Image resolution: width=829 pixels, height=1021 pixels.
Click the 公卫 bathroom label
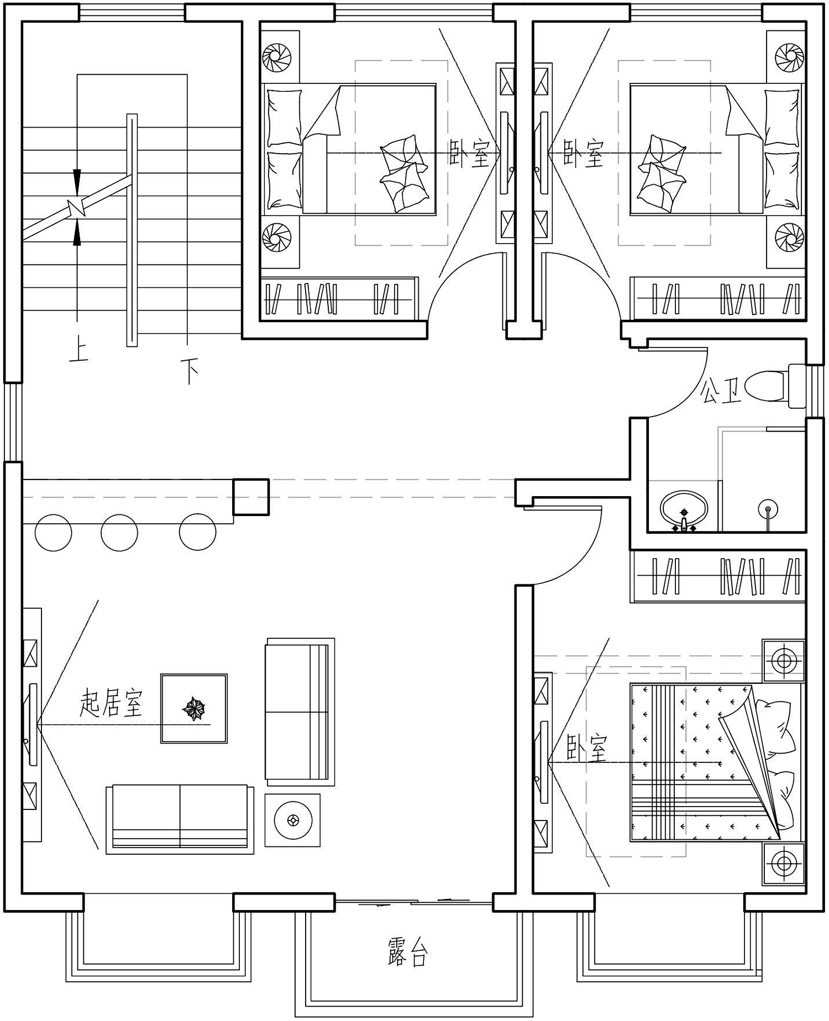[x=721, y=391]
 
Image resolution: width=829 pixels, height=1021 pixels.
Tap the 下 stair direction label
[x=190, y=371]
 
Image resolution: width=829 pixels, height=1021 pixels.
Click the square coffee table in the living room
[x=194, y=708]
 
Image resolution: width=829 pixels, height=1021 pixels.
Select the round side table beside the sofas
[x=292, y=820]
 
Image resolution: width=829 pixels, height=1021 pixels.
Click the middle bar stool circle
[x=119, y=533]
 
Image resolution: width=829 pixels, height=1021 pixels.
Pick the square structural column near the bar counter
[x=251, y=497]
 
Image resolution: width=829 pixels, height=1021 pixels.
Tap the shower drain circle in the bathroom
[x=768, y=507]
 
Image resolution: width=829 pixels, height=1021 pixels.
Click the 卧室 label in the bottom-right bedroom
[x=587, y=748]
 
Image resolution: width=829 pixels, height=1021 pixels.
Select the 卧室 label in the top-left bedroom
[x=470, y=154]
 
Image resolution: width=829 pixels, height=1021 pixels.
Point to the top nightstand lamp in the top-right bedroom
[x=790, y=57]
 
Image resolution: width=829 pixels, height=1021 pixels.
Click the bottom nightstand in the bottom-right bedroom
[x=784, y=863]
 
